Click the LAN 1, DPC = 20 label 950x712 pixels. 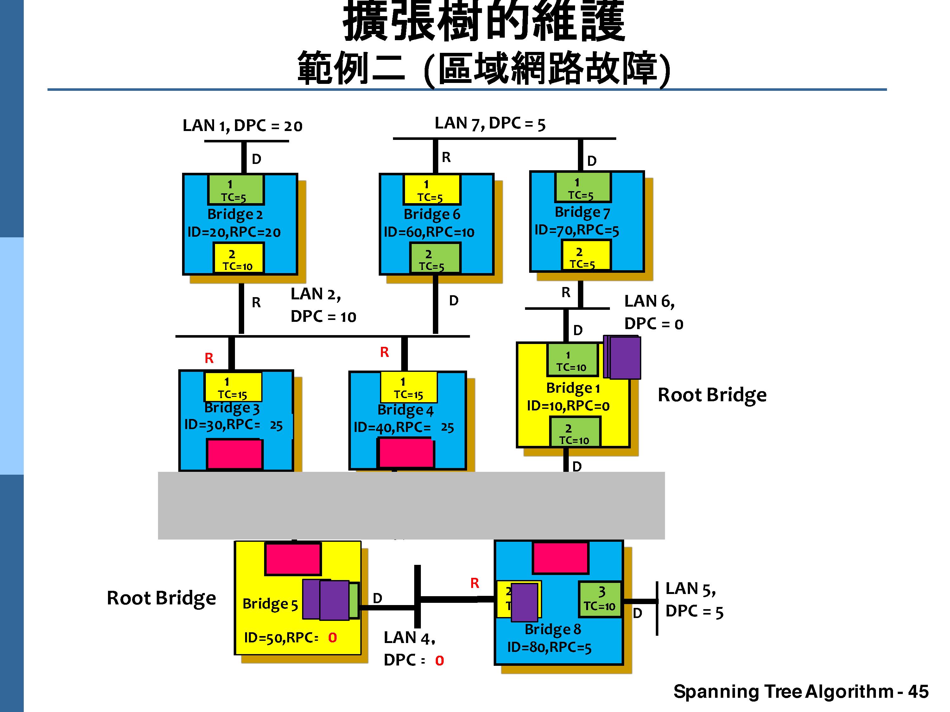[243, 126]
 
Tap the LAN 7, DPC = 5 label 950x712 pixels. [490, 124]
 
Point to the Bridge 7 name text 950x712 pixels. [582, 212]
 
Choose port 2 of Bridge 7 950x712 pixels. [586, 255]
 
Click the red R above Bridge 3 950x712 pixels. [209, 358]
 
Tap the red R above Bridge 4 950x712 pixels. [384, 352]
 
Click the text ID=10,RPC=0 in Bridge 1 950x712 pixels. [568, 406]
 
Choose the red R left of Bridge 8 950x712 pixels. [475, 583]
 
